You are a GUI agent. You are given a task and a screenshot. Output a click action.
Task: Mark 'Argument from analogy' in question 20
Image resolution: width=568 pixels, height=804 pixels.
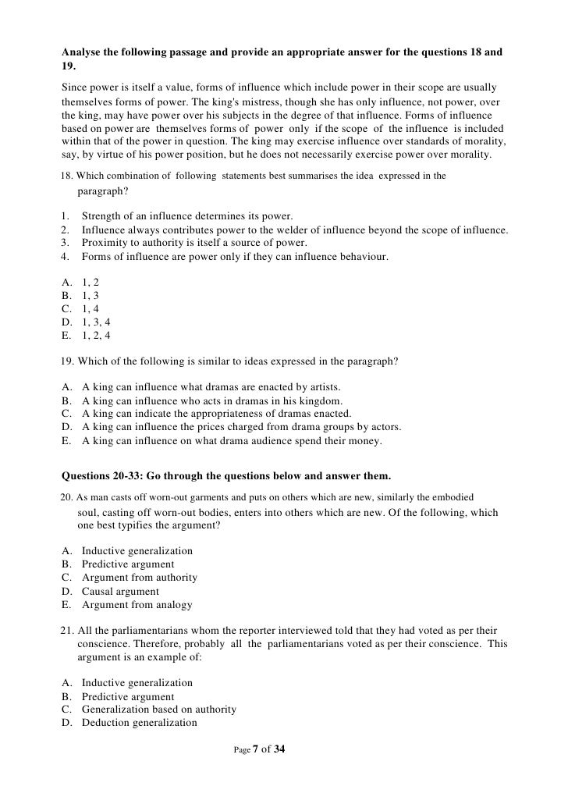coord(137,605)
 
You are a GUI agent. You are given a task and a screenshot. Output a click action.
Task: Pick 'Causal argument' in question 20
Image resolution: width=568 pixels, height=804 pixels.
coord(120,591)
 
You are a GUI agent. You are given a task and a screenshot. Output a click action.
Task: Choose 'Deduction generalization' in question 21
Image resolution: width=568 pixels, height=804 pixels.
coord(139,723)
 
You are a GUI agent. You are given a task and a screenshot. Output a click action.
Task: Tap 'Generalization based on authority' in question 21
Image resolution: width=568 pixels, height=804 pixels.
coord(158,709)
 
